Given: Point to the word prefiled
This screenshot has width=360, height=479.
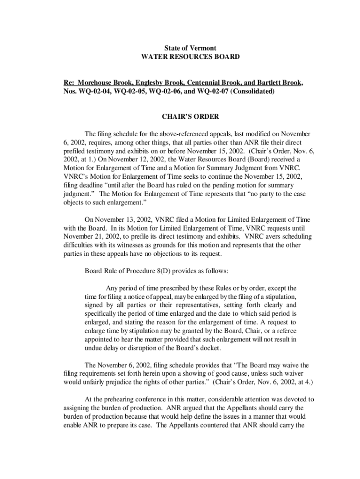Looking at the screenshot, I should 74,151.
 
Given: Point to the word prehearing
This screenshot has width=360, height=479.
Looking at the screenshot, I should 124,399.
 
